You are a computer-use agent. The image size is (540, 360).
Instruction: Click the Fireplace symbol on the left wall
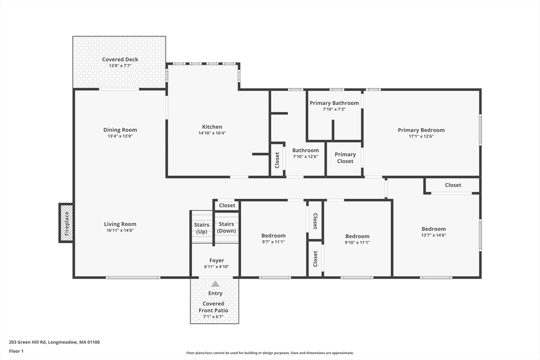tap(66, 223)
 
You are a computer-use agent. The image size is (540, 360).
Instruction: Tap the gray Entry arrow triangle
tap(215, 284)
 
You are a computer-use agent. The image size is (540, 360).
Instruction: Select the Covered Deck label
tap(120, 60)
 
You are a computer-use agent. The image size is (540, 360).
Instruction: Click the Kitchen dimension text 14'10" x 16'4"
tap(212, 133)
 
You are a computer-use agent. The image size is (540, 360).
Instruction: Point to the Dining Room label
tap(120, 130)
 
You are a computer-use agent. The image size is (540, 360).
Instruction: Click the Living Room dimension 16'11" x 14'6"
tap(120, 230)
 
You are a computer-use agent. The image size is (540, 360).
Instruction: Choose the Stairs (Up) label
tap(201, 228)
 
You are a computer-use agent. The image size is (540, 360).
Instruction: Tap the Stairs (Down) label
tap(227, 227)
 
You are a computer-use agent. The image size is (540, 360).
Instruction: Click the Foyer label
tap(216, 260)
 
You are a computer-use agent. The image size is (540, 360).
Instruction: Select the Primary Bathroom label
tap(334, 103)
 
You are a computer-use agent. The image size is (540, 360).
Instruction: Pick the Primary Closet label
tap(345, 158)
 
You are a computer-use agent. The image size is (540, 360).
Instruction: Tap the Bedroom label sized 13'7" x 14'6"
tap(433, 229)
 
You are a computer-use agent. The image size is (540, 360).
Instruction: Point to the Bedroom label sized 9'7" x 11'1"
tap(273, 236)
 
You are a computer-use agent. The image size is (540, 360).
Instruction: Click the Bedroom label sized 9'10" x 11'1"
tap(357, 236)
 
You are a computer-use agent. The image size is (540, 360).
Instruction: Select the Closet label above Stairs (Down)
tap(227, 206)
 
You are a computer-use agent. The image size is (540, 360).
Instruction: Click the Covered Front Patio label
tap(214, 307)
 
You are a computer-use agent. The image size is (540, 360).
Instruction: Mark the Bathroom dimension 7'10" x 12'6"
tap(305, 157)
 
